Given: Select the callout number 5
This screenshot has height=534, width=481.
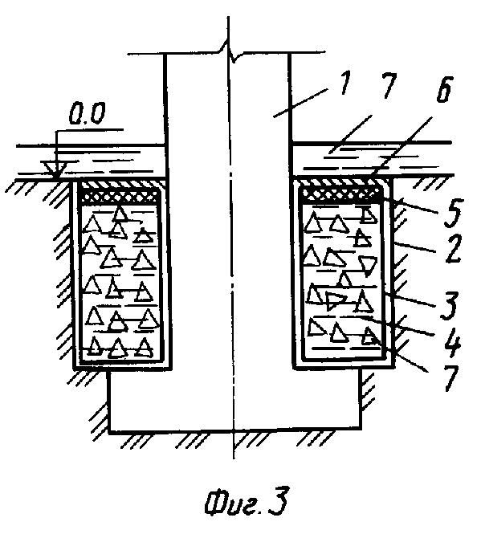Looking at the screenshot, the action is coord(452,214).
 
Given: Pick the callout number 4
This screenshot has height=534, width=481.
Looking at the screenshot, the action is coord(452,342).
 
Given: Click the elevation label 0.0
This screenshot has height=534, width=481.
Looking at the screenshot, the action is coord(88,114).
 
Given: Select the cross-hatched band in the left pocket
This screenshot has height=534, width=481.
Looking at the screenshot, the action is coord(120,196).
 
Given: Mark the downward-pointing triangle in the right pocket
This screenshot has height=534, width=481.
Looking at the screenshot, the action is coord(368,265).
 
